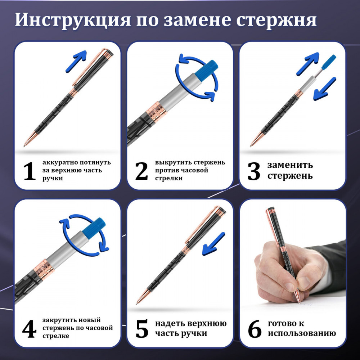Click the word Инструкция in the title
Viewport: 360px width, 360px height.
[73, 20]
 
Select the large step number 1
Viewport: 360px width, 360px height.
[30, 171]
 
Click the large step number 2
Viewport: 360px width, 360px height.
[141, 171]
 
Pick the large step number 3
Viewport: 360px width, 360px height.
[254, 171]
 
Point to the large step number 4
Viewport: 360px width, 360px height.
[29, 329]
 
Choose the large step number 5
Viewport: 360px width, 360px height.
[142, 329]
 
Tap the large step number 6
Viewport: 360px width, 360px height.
[255, 329]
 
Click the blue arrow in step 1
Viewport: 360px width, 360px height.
[76, 61]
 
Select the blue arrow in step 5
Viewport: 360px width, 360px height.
[213, 244]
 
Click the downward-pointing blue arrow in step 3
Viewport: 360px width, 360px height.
[325, 89]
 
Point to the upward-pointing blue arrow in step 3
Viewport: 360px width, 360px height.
[308, 64]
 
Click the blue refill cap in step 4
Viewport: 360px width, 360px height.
[94, 227]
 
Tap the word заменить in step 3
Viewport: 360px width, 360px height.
[290, 165]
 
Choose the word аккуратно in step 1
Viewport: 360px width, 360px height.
[58, 163]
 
